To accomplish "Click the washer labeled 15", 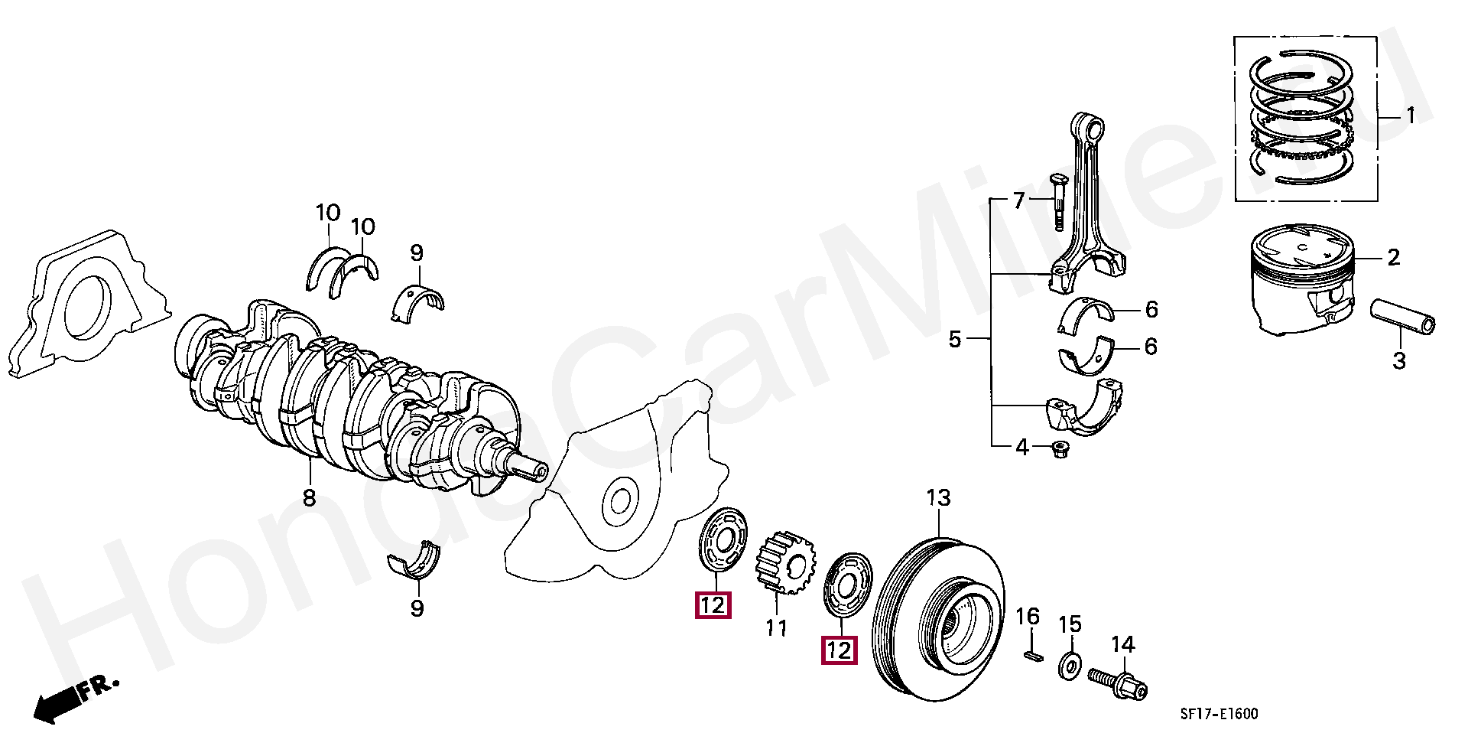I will coord(1069,666).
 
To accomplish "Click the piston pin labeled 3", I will coord(1402,316).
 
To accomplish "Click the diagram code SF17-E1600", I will coord(1219,714).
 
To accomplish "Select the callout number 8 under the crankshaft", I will coord(309,499).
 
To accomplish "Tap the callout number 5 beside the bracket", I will coord(954,339).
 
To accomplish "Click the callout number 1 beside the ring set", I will coord(1411,116).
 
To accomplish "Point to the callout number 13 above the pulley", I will coord(938,498).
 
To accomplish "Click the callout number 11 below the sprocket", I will coord(776,629).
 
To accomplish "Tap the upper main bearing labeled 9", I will coord(417,301).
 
